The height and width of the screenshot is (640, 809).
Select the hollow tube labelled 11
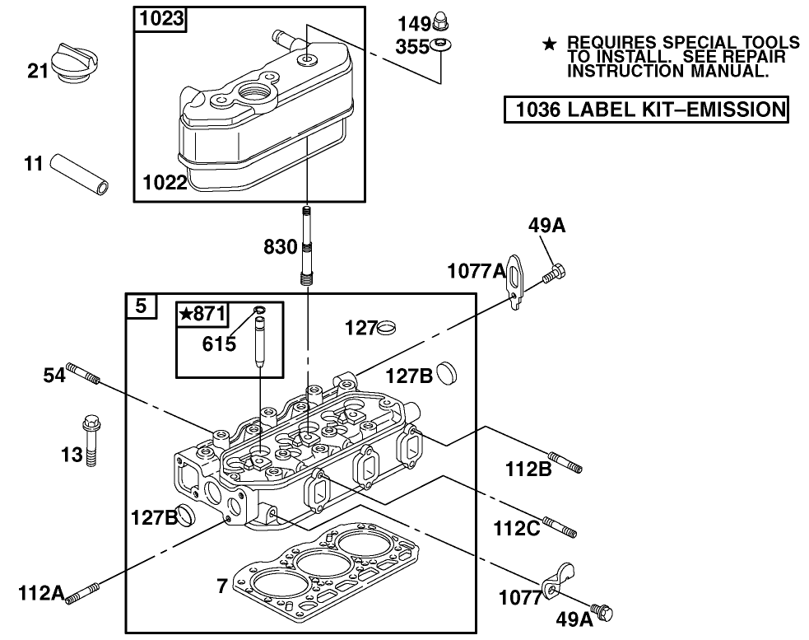pos(81,174)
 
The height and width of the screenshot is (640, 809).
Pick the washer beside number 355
pos(440,44)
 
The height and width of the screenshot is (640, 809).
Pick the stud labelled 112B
pos(565,462)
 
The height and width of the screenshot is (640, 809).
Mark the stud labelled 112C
pos(559,525)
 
